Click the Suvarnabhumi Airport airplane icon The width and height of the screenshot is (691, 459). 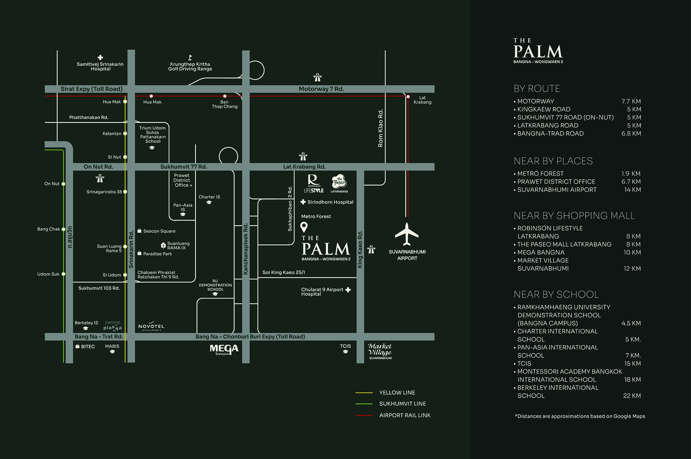tap(407, 234)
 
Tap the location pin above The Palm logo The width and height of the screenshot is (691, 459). tap(304, 227)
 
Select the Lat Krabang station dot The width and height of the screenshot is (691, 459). tap(408, 97)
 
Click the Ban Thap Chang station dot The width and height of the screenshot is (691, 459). tap(225, 96)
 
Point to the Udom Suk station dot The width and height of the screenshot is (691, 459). tap(64, 274)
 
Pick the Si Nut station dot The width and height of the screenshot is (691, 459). tap(125, 157)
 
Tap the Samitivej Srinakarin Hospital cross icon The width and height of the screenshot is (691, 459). tap(100, 57)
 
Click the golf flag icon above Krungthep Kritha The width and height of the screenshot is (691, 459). tap(190, 57)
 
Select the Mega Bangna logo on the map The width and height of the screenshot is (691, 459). tap(224, 350)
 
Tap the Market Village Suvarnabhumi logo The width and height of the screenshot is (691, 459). tap(380, 351)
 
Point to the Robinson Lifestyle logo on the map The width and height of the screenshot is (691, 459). tap(314, 183)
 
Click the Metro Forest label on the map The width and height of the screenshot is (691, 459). tap(316, 217)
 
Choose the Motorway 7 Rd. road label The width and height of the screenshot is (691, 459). tap(321, 89)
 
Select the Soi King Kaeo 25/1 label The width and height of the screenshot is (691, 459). tap(284, 273)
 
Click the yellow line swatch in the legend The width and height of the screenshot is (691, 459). tap(364, 393)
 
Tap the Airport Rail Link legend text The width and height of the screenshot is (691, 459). tap(405, 415)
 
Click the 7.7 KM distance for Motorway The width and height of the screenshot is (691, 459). tap(631, 101)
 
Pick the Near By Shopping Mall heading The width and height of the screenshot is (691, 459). tap(574, 215)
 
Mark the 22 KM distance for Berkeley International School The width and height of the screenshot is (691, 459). tap(632, 396)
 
